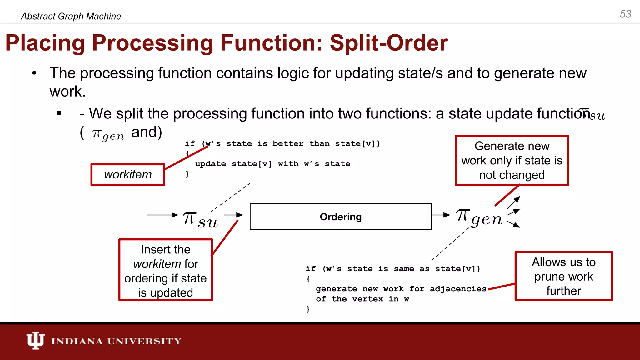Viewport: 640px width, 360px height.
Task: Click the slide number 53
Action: [625, 14]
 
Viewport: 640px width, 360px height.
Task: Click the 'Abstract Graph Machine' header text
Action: [71, 16]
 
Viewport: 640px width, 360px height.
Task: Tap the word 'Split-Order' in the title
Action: [389, 43]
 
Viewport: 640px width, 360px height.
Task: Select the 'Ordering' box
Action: [341, 217]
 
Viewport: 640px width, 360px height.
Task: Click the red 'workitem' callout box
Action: [127, 174]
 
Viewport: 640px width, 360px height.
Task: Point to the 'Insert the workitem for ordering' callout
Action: [166, 270]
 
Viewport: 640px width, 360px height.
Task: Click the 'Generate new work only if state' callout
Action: [512, 160]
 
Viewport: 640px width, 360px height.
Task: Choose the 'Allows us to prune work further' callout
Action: [563, 276]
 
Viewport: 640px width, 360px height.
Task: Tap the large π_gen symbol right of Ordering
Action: [479, 217]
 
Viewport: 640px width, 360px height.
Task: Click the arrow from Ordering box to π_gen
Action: [441, 215]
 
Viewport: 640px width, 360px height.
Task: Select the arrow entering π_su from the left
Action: [162, 215]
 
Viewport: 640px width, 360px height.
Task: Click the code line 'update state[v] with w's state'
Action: [272, 164]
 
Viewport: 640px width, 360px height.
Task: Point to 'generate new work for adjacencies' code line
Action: [401, 289]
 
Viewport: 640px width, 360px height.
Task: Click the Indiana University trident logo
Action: [35, 340]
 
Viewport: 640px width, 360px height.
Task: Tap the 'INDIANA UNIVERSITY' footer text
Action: [116, 341]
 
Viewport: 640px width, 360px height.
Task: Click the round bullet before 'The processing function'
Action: [34, 73]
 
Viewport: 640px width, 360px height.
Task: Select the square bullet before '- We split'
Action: [59, 113]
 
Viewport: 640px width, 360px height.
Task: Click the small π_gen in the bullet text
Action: [108, 135]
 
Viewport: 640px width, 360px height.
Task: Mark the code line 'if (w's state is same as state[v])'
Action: [393, 269]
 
